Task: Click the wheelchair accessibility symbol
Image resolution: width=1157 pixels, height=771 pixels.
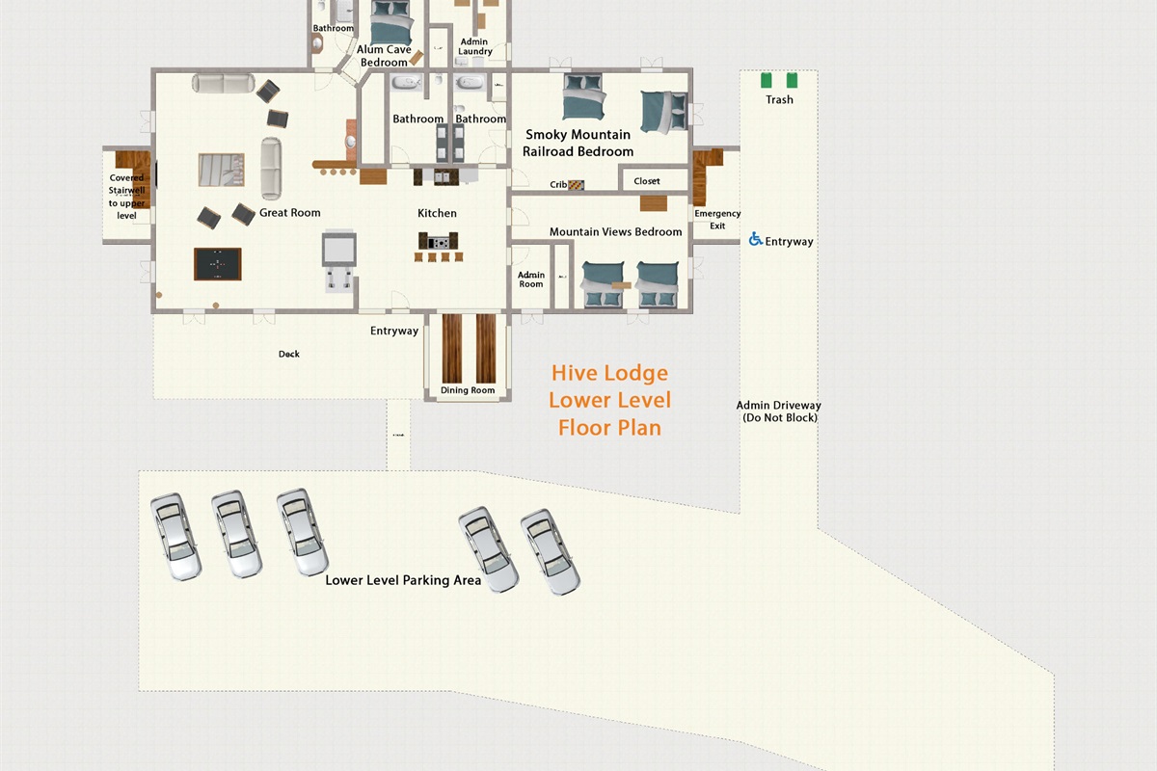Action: (756, 239)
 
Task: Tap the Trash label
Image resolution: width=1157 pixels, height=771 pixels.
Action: (779, 99)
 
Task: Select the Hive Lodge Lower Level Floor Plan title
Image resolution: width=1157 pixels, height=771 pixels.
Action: (610, 400)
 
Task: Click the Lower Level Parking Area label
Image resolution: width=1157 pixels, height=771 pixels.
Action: (403, 580)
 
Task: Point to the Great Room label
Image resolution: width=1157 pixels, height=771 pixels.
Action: (289, 213)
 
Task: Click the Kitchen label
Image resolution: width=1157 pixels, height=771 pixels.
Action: (437, 213)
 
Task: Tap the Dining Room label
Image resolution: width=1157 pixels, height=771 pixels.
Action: (468, 390)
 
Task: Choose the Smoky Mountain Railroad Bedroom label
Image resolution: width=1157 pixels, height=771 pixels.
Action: (578, 143)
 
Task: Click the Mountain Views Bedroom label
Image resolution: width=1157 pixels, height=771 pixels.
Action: (615, 232)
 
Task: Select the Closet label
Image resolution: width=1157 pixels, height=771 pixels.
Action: (647, 181)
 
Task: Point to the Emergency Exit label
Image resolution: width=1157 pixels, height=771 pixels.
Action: (717, 220)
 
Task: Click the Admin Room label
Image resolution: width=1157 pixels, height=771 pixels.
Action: (531, 279)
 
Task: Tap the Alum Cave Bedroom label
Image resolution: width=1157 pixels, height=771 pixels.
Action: (384, 56)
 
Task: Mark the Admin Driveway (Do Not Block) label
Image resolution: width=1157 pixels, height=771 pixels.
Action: (779, 412)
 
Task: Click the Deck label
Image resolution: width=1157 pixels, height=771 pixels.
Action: (289, 354)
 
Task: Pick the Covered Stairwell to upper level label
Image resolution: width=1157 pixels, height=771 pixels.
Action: (127, 197)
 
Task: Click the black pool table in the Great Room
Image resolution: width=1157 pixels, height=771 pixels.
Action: (217, 263)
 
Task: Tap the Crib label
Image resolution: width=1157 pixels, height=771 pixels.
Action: (558, 185)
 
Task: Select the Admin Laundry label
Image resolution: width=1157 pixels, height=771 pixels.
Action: (474, 47)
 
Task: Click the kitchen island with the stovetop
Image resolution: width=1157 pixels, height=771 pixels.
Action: (437, 240)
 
